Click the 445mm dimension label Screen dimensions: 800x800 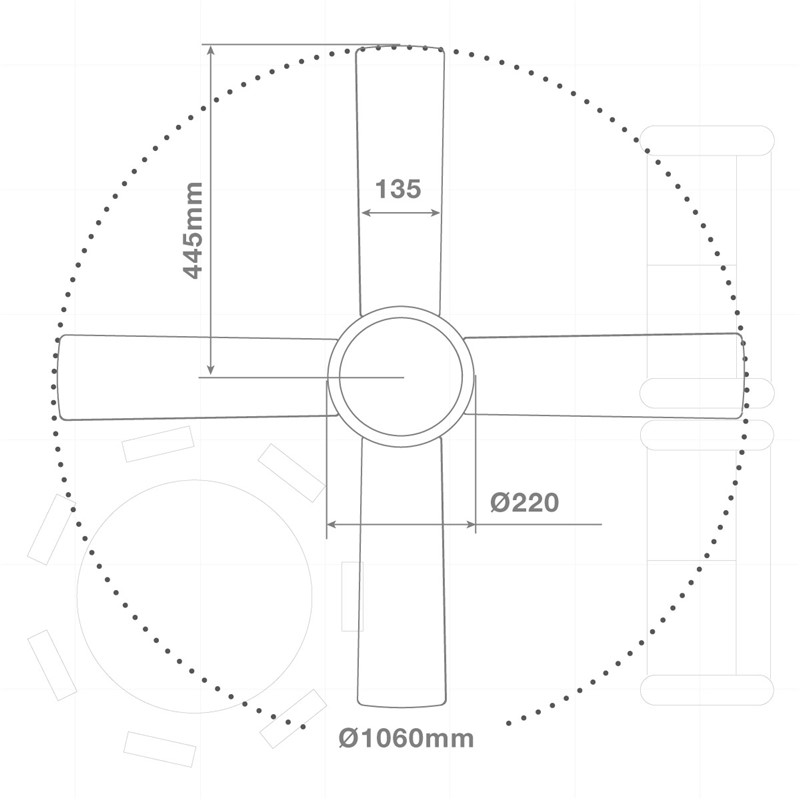pos(193,231)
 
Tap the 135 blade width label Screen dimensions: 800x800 pos(398,189)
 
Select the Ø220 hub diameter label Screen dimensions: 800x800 pos(524,503)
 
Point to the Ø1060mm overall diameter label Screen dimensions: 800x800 pos(406,738)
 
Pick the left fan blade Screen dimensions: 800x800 pos(196,378)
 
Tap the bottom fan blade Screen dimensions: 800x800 pos(402,571)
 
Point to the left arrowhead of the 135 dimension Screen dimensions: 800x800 pos(364,213)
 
